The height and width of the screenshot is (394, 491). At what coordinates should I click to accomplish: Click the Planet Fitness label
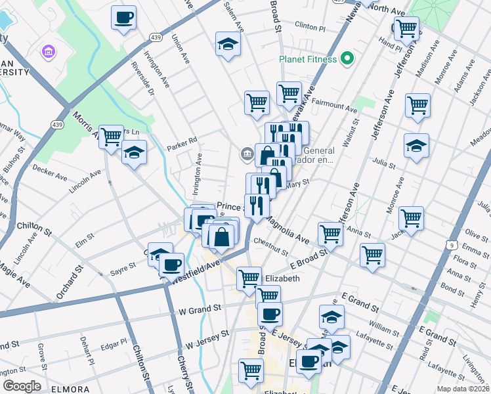tap(308, 59)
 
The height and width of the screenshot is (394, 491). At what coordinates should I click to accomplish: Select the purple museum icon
tap(48, 51)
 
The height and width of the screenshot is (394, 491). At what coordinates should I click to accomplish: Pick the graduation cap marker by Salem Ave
tap(228, 44)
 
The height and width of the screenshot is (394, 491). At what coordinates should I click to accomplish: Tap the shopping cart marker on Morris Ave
tap(111, 136)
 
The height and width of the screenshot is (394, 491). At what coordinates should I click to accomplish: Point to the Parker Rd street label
tap(182, 141)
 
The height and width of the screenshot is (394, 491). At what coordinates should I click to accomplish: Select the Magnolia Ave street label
tap(288, 230)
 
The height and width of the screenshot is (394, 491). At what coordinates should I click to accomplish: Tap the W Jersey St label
tap(207, 338)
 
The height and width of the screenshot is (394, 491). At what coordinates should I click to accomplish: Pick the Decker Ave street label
tap(51, 173)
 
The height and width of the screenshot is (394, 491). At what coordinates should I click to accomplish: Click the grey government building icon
tap(246, 154)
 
